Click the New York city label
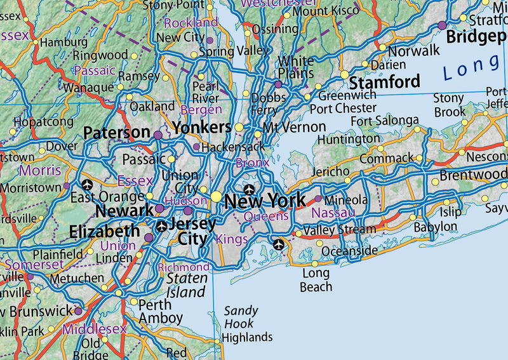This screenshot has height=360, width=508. tap(265, 201)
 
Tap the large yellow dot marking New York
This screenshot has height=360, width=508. tap(217, 197)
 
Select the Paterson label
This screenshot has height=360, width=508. tap(117, 133)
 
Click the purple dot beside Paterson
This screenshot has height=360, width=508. tap(158, 135)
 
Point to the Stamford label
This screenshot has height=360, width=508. tap(385, 82)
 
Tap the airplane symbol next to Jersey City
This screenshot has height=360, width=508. tap(162, 226)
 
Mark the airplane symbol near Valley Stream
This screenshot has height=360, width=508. tap(278, 243)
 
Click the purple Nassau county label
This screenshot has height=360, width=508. tap(333, 213)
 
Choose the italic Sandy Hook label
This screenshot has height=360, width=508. tap(241, 317)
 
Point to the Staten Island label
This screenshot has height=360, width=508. tap(187, 285)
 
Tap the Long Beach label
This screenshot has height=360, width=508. tap(316, 280)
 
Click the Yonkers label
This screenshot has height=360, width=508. tap(201, 126)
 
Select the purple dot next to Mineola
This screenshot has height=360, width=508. tap(318, 199)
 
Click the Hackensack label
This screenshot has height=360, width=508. tap(233, 147)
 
